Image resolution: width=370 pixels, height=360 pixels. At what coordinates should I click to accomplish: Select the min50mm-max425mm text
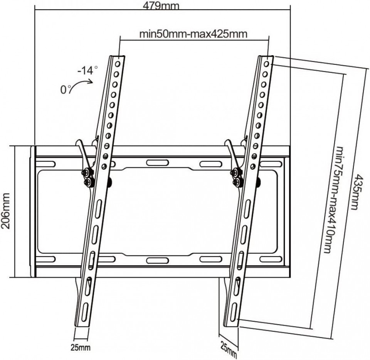193,34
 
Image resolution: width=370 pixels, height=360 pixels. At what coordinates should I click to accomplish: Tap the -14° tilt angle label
87,71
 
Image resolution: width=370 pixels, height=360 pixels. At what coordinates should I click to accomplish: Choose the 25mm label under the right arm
229,347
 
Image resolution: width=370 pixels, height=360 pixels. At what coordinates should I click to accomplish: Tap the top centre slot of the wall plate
153,162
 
